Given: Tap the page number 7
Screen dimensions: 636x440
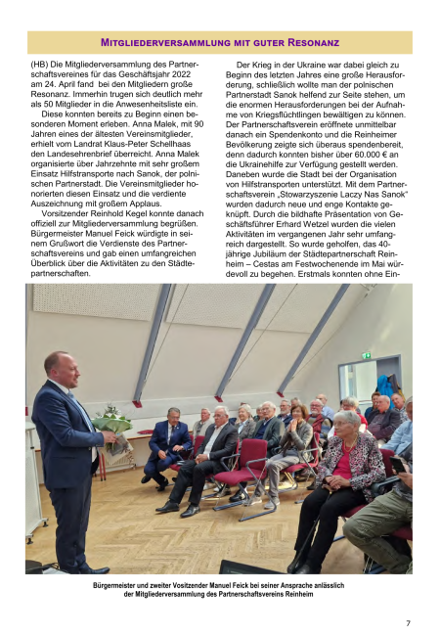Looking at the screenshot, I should (408, 623).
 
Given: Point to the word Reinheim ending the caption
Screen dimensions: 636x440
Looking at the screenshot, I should (296, 594).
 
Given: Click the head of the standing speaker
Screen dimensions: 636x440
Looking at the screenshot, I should (57, 365).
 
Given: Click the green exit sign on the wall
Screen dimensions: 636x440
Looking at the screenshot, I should (367, 355).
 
